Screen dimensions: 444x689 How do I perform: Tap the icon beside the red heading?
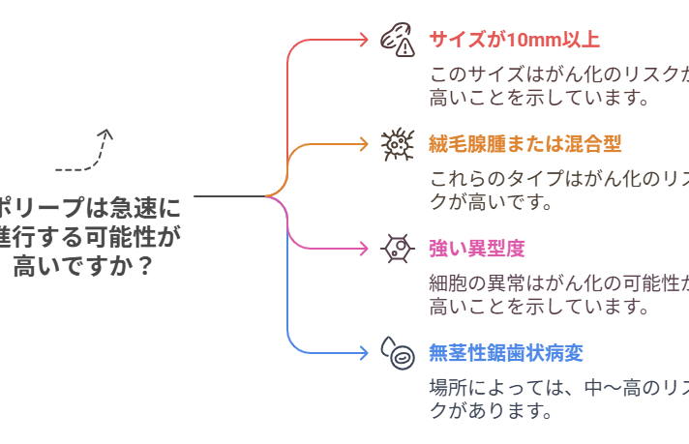pos(394,41)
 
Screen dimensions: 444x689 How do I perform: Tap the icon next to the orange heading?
pos(394,147)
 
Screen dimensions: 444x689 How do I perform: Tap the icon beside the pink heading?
pos(394,250)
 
